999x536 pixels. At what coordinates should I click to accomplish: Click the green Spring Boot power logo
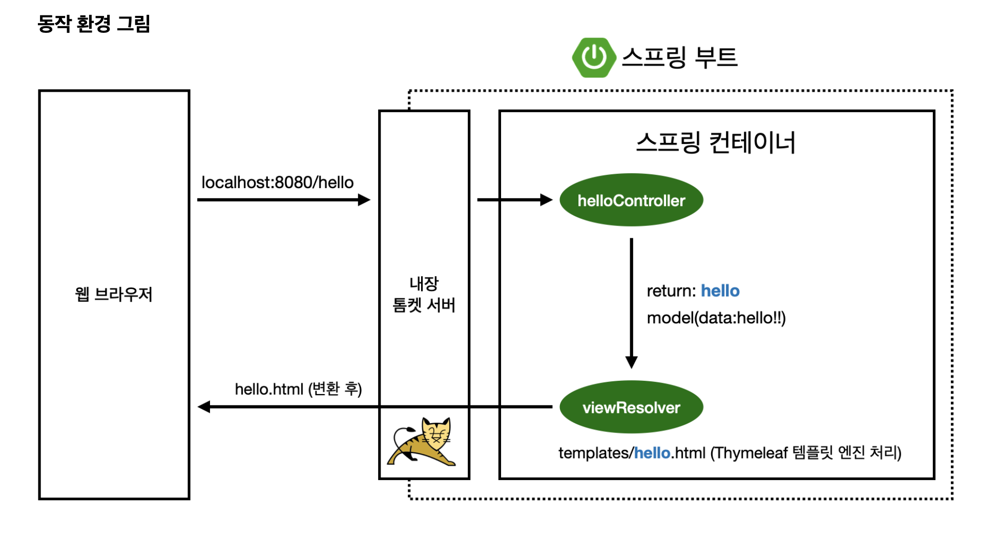pyautogui.click(x=594, y=57)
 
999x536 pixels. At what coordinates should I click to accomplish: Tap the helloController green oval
pyautogui.click(x=631, y=200)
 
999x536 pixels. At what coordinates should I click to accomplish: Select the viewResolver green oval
pyautogui.click(x=631, y=407)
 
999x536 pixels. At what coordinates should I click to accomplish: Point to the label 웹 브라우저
pyautogui.click(x=114, y=294)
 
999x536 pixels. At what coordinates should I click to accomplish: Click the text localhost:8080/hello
pyautogui.click(x=277, y=182)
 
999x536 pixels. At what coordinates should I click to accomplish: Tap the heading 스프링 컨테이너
pyautogui.click(x=716, y=142)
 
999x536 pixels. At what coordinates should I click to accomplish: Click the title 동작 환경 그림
pyautogui.click(x=94, y=24)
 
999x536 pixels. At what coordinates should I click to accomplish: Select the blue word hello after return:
pyautogui.click(x=720, y=291)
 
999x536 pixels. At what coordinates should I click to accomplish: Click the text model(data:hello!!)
pyautogui.click(x=716, y=318)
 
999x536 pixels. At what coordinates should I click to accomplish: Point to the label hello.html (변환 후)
pyautogui.click(x=298, y=389)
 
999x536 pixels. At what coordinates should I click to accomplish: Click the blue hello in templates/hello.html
pyautogui.click(x=652, y=453)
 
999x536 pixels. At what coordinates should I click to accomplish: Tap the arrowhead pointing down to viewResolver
pyautogui.click(x=631, y=362)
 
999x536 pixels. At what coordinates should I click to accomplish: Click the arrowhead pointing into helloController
pyautogui.click(x=546, y=200)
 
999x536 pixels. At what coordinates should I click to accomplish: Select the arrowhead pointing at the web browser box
pyautogui.click(x=204, y=407)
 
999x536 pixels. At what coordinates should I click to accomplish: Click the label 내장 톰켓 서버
pyautogui.click(x=424, y=294)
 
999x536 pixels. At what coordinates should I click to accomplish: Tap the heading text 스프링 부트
pyautogui.click(x=679, y=57)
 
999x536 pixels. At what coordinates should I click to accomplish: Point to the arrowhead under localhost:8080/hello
pyautogui.click(x=364, y=200)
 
